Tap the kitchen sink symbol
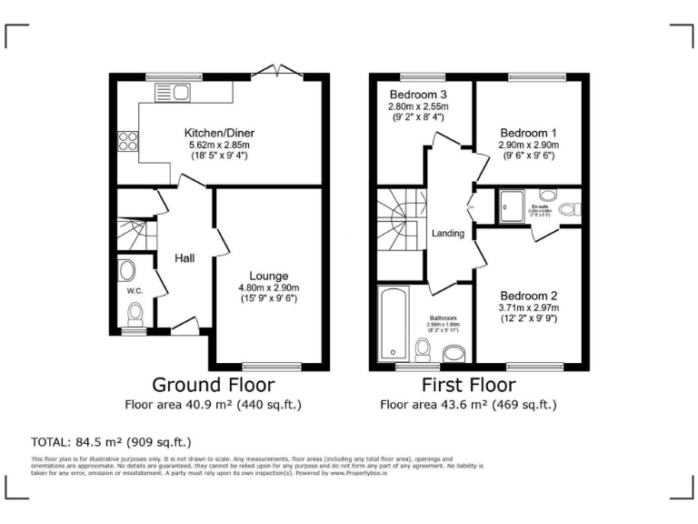[170, 91]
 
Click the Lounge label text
[269, 276]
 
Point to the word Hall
[184, 259]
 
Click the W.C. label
[135, 291]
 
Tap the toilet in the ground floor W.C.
[136, 315]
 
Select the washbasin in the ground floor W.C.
[126, 269]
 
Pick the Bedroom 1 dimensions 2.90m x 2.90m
[528, 145]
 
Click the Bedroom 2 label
[528, 296]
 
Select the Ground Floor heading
[213, 385]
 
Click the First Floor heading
[467, 385]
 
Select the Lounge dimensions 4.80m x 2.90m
[269, 287]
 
